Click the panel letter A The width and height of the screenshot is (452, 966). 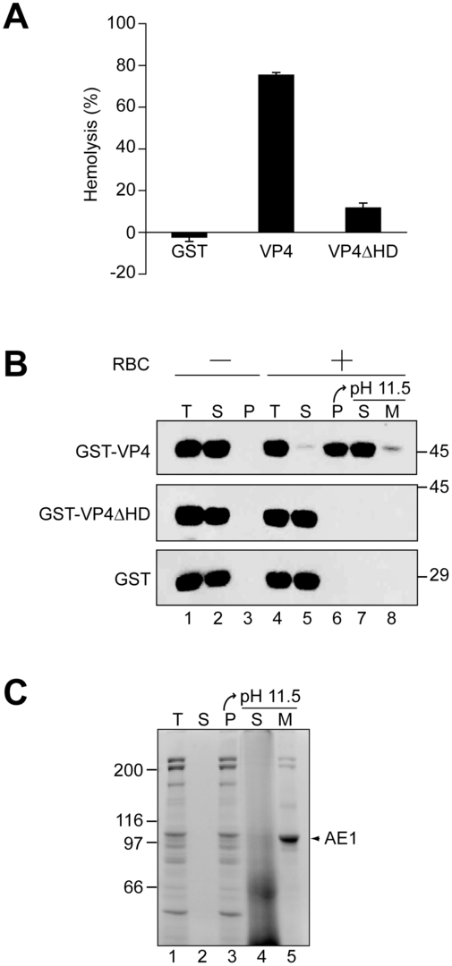pyautogui.click(x=16, y=17)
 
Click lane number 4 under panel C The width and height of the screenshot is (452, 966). pyautogui.click(x=255, y=953)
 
